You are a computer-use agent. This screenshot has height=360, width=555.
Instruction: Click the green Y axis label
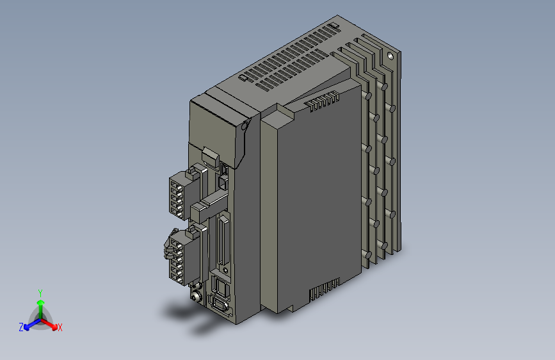(x=40, y=292)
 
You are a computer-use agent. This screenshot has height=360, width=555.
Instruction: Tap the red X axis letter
(x=60, y=328)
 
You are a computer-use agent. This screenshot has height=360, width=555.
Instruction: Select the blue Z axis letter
(x=21, y=327)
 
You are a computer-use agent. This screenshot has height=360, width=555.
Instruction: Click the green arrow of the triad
(x=40, y=304)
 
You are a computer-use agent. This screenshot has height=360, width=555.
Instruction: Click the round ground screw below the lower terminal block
(x=196, y=296)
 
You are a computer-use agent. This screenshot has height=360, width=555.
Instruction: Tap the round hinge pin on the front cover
(x=244, y=126)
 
